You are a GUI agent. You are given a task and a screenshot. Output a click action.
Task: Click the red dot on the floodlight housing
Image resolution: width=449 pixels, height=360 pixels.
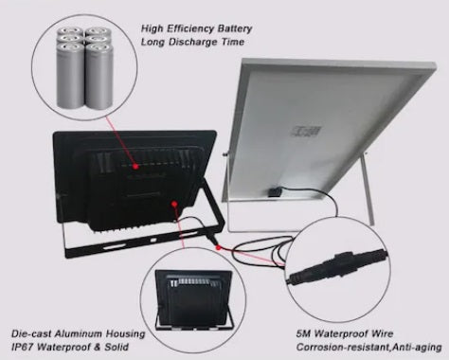(x=173, y=201)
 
